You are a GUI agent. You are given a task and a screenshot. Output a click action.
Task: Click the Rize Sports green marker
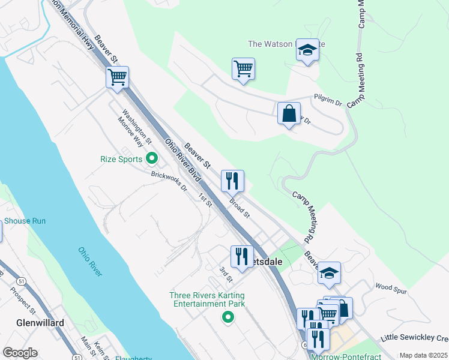152,159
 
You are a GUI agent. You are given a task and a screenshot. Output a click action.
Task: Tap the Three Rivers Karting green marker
228,317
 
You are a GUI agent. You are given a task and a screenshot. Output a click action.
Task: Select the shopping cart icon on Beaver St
118,77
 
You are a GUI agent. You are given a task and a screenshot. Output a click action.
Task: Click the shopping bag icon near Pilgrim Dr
289,113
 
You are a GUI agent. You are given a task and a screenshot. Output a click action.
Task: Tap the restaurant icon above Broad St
232,179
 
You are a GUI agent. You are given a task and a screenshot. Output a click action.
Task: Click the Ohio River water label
90,262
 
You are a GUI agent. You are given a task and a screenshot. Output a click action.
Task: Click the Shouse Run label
25,221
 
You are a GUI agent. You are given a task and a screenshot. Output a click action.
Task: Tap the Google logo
20,353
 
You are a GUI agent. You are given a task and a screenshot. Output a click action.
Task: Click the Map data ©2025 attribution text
423,355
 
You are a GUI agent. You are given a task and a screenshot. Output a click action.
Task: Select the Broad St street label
239,206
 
